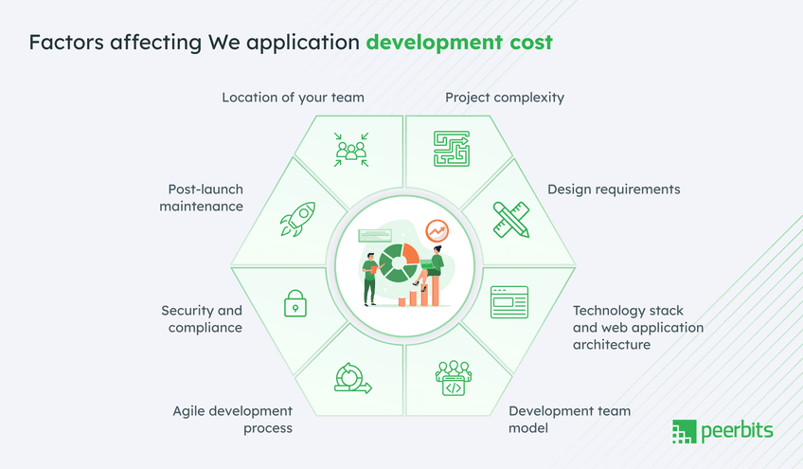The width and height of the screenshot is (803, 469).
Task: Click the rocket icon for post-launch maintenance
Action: pyautogui.click(x=296, y=219)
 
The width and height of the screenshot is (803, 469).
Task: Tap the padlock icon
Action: pyautogui.click(x=295, y=303)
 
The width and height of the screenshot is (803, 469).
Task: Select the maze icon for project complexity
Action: pyautogui.click(x=452, y=149)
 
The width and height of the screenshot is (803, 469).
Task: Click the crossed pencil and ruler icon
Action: pyautogui.click(x=510, y=219)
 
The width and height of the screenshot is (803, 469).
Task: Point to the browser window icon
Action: pyautogui.click(x=509, y=301)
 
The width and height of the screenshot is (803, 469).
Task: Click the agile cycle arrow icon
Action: pyautogui.click(x=351, y=377)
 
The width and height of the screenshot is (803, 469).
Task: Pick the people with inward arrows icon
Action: pyautogui.click(x=351, y=149)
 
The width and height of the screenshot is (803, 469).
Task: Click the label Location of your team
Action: pyautogui.click(x=293, y=98)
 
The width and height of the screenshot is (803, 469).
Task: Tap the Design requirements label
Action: pyautogui.click(x=614, y=189)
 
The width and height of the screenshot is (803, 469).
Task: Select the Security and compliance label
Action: pyautogui.click(x=202, y=318)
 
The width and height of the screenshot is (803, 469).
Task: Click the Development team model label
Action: pyautogui.click(x=569, y=419)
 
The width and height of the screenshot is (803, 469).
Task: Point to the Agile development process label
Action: pyautogui.click(x=233, y=419)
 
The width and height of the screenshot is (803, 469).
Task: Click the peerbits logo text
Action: pyautogui.click(x=737, y=432)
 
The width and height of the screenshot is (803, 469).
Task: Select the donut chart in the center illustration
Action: pyautogui.click(x=399, y=262)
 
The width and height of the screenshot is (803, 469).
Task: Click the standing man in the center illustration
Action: pyautogui.click(x=369, y=277)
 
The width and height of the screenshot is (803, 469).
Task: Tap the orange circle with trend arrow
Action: pyautogui.click(x=437, y=230)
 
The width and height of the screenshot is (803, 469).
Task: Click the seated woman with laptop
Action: pyautogui.click(x=434, y=265)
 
